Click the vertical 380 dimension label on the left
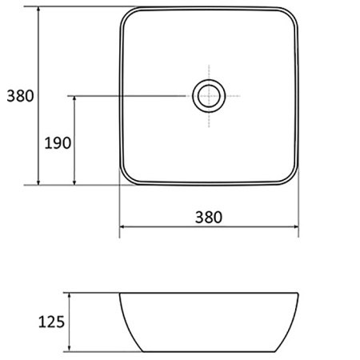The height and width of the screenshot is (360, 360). click(20, 96)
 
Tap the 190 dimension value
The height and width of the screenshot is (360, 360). click(58, 143)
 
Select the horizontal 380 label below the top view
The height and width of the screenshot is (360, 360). click(208, 217)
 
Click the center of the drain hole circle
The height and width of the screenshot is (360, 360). click(209, 96)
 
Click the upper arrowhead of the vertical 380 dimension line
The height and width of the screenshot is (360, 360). click(38, 9)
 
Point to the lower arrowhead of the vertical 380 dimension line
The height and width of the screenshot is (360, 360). click(38, 182)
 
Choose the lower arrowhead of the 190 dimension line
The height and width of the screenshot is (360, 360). click(74, 182)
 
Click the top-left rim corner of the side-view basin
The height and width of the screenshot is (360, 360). click(121, 294)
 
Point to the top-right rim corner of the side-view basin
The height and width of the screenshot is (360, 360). click(298, 294)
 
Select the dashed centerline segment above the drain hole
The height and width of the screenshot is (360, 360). click(209, 70)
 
